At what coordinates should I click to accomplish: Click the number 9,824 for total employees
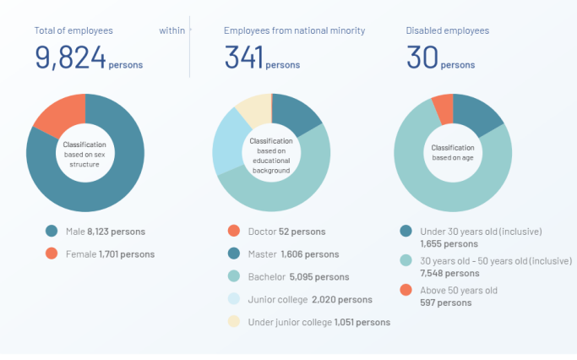click(x=70, y=57)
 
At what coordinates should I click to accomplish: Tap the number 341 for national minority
click(x=243, y=57)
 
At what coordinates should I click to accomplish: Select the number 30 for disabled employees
click(x=422, y=57)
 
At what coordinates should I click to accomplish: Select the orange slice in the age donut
click(x=443, y=108)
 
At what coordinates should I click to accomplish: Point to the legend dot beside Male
click(x=52, y=231)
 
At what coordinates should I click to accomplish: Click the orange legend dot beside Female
click(x=52, y=253)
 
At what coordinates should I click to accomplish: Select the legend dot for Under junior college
click(x=234, y=322)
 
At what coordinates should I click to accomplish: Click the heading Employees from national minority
click(x=294, y=30)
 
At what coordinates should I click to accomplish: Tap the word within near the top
click(x=171, y=30)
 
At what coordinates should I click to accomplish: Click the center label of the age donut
click(x=453, y=152)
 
